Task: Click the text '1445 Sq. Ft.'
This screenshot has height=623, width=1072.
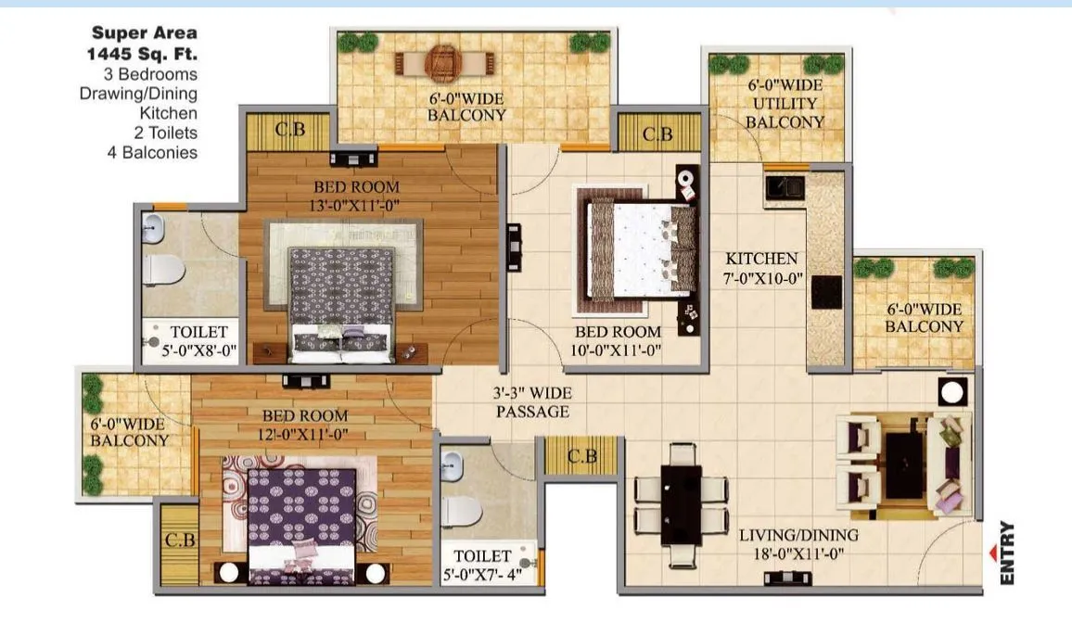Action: (x=137, y=54)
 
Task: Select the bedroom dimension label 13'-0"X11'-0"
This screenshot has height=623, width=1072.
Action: (x=356, y=205)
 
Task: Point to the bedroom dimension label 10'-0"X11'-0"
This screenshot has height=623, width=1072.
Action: (x=618, y=350)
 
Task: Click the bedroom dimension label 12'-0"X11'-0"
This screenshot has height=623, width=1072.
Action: (x=304, y=434)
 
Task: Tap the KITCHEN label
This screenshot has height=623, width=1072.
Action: (x=761, y=259)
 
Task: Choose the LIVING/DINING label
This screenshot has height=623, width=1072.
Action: (x=798, y=535)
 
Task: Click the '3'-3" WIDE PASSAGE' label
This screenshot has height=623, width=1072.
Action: (x=531, y=401)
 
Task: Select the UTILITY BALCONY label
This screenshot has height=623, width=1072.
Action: (x=785, y=112)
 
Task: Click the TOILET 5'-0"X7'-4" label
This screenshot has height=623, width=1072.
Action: (x=482, y=566)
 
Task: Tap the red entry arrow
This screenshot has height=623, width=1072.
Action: (x=994, y=554)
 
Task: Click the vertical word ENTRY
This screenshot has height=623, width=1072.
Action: (x=1008, y=553)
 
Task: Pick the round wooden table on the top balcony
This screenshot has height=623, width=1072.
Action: (x=441, y=63)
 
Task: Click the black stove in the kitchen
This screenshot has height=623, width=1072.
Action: (x=826, y=291)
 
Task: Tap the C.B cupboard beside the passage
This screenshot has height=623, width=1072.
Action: (x=581, y=456)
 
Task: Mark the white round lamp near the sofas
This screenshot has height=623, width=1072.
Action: (x=951, y=391)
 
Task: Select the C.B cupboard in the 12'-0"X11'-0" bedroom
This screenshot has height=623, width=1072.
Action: (x=178, y=540)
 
